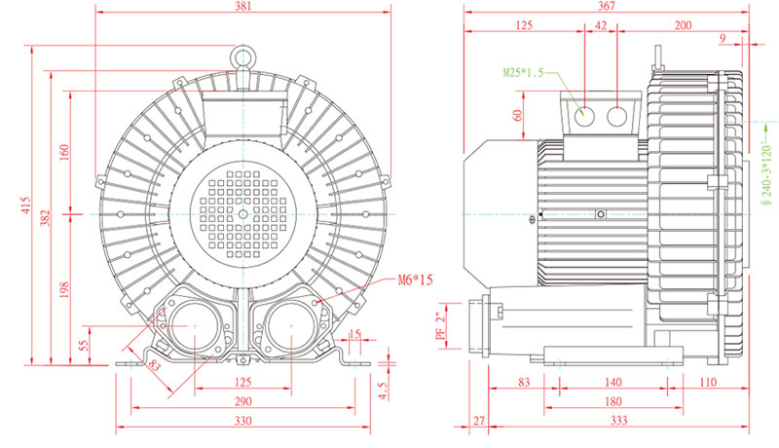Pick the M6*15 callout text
click(414, 280)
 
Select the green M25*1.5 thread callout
click(522, 73)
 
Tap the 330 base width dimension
click(243, 421)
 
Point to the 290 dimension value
click(243, 401)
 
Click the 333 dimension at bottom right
click(616, 421)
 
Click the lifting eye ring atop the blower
click(243, 57)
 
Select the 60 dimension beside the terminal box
click(518, 114)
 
